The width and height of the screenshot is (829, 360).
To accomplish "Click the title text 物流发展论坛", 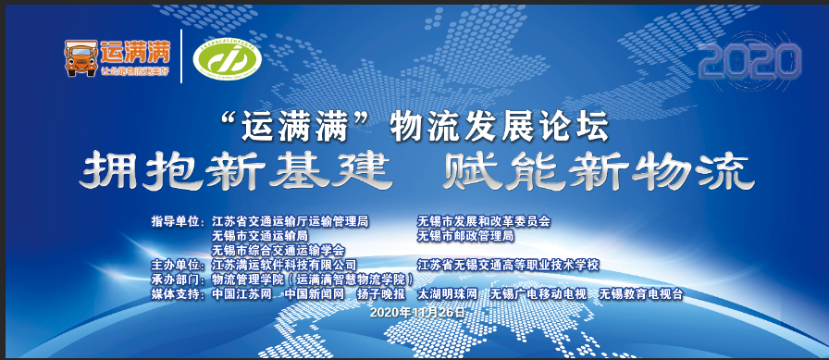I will point(500,126).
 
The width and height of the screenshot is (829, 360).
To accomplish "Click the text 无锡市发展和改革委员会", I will point(484,222).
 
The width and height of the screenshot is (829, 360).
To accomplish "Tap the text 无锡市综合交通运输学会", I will point(278,250).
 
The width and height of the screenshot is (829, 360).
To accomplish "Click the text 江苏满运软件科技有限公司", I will point(284,265).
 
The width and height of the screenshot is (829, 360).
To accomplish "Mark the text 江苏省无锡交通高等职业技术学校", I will point(509,265).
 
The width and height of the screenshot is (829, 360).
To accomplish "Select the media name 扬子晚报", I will point(379,293).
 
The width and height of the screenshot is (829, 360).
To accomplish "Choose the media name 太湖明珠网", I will point(448,293).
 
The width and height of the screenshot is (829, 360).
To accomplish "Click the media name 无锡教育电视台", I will point(641,293).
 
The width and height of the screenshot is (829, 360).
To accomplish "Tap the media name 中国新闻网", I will point(315,293).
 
